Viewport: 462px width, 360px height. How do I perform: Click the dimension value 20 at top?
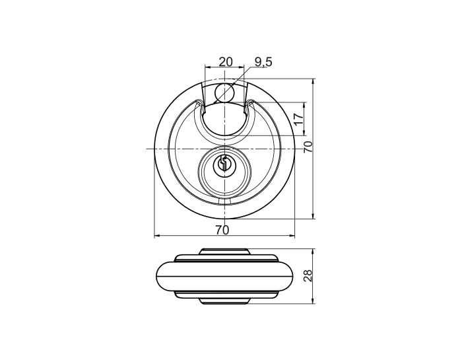click(x=226, y=62)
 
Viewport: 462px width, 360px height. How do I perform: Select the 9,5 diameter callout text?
click(x=264, y=62)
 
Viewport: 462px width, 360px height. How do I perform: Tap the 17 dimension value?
click(x=299, y=119)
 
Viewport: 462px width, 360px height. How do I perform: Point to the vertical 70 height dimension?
click(x=308, y=147)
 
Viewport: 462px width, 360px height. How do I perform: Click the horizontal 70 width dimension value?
click(x=222, y=230)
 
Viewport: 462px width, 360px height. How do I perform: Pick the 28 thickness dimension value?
click(x=308, y=276)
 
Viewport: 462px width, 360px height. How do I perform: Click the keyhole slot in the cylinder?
click(x=224, y=163)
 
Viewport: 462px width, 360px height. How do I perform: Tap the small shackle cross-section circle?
click(x=224, y=92)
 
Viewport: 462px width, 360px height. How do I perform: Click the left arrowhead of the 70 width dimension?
click(x=157, y=236)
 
